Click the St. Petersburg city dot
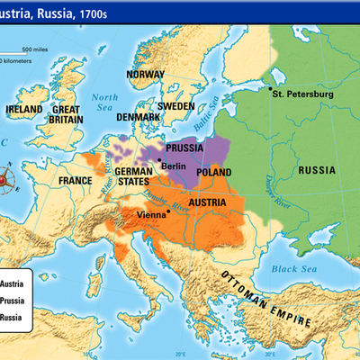269,88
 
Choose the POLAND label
216,171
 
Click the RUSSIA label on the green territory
318,170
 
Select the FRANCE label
75,181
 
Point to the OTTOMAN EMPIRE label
265,290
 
